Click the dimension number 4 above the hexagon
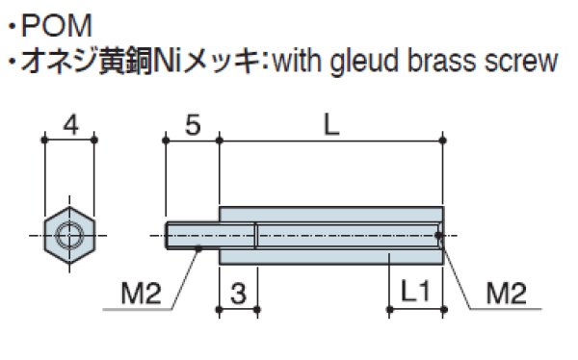click(68, 124)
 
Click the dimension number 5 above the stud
click(192, 124)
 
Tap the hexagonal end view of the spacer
click(68, 234)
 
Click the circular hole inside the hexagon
click(68, 234)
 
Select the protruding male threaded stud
click(192, 235)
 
